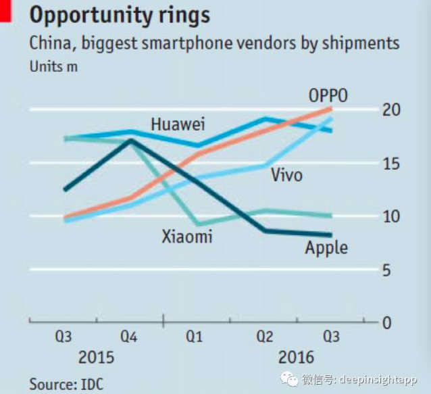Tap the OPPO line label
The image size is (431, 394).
328,96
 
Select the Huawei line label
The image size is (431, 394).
178,124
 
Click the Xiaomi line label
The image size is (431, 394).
186,237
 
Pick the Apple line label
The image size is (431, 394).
326,247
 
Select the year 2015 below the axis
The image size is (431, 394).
96,358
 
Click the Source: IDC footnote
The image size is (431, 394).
66,384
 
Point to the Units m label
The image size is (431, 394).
53,67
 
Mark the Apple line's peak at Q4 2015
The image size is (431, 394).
130,141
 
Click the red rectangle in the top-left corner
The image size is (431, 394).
5,11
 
